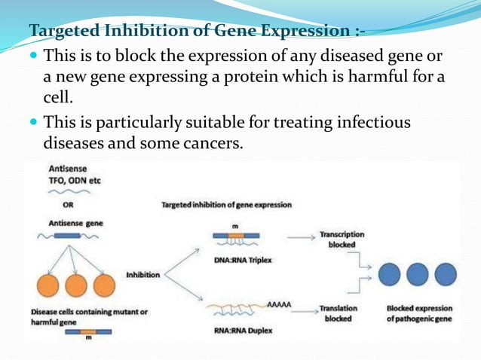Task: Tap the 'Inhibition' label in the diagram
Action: [x=142, y=275]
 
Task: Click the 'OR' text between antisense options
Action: [x=57, y=203]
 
